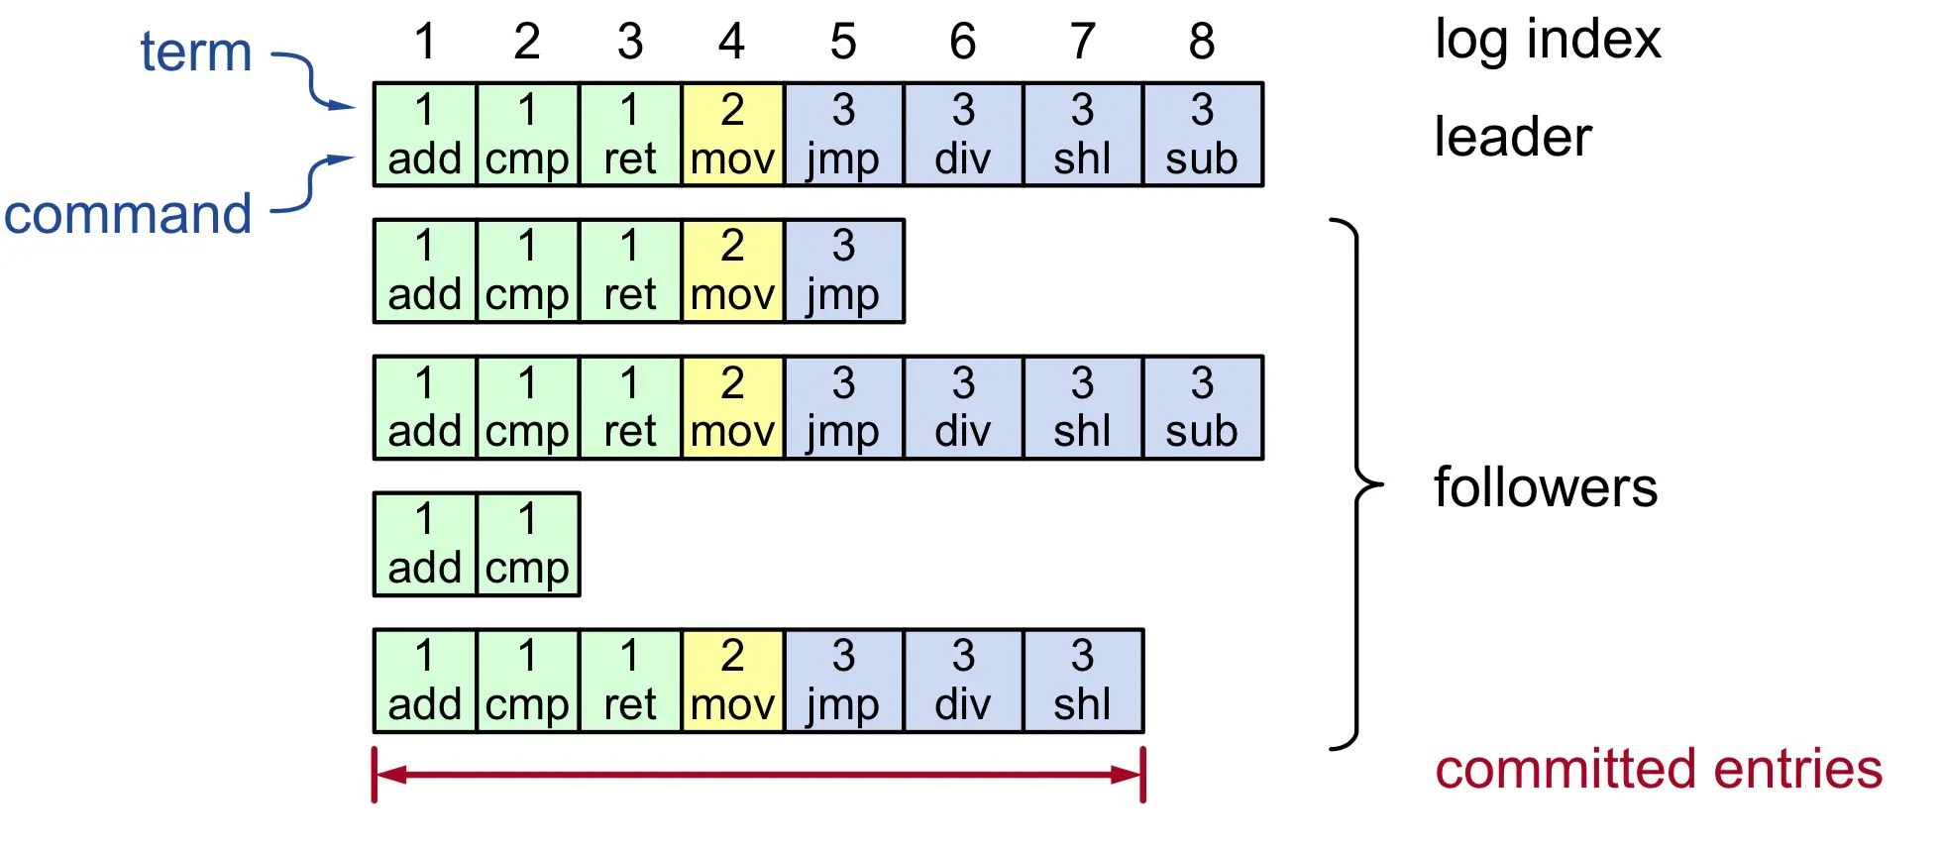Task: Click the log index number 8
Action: pos(1202,42)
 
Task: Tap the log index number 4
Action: pos(731,42)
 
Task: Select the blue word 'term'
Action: pos(196,52)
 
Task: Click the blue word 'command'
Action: pos(128,214)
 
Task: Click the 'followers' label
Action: pos(1546,487)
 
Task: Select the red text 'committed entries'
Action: pos(1659,769)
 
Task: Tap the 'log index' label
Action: pos(1548,42)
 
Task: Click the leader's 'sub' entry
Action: pos(1203,135)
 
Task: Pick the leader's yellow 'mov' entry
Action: pos(733,135)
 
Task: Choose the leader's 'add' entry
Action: pos(425,135)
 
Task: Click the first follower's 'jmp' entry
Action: pos(844,270)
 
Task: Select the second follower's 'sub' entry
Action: pos(1203,407)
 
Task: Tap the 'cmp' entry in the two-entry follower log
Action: pos(528,544)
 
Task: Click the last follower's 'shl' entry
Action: pos(1083,681)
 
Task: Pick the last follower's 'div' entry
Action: pos(963,681)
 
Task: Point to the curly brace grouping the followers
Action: pos(1356,484)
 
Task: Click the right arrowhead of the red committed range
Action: pos(1128,775)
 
